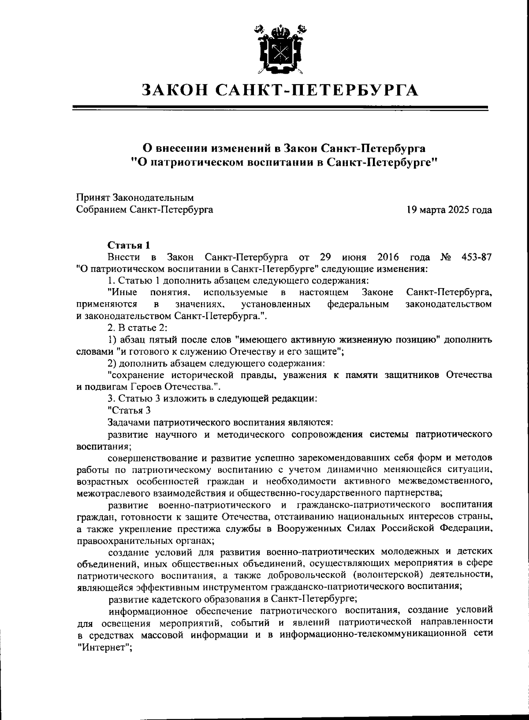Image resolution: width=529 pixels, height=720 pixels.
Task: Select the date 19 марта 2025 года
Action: tap(449, 210)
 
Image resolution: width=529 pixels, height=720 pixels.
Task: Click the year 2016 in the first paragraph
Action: tap(388, 257)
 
